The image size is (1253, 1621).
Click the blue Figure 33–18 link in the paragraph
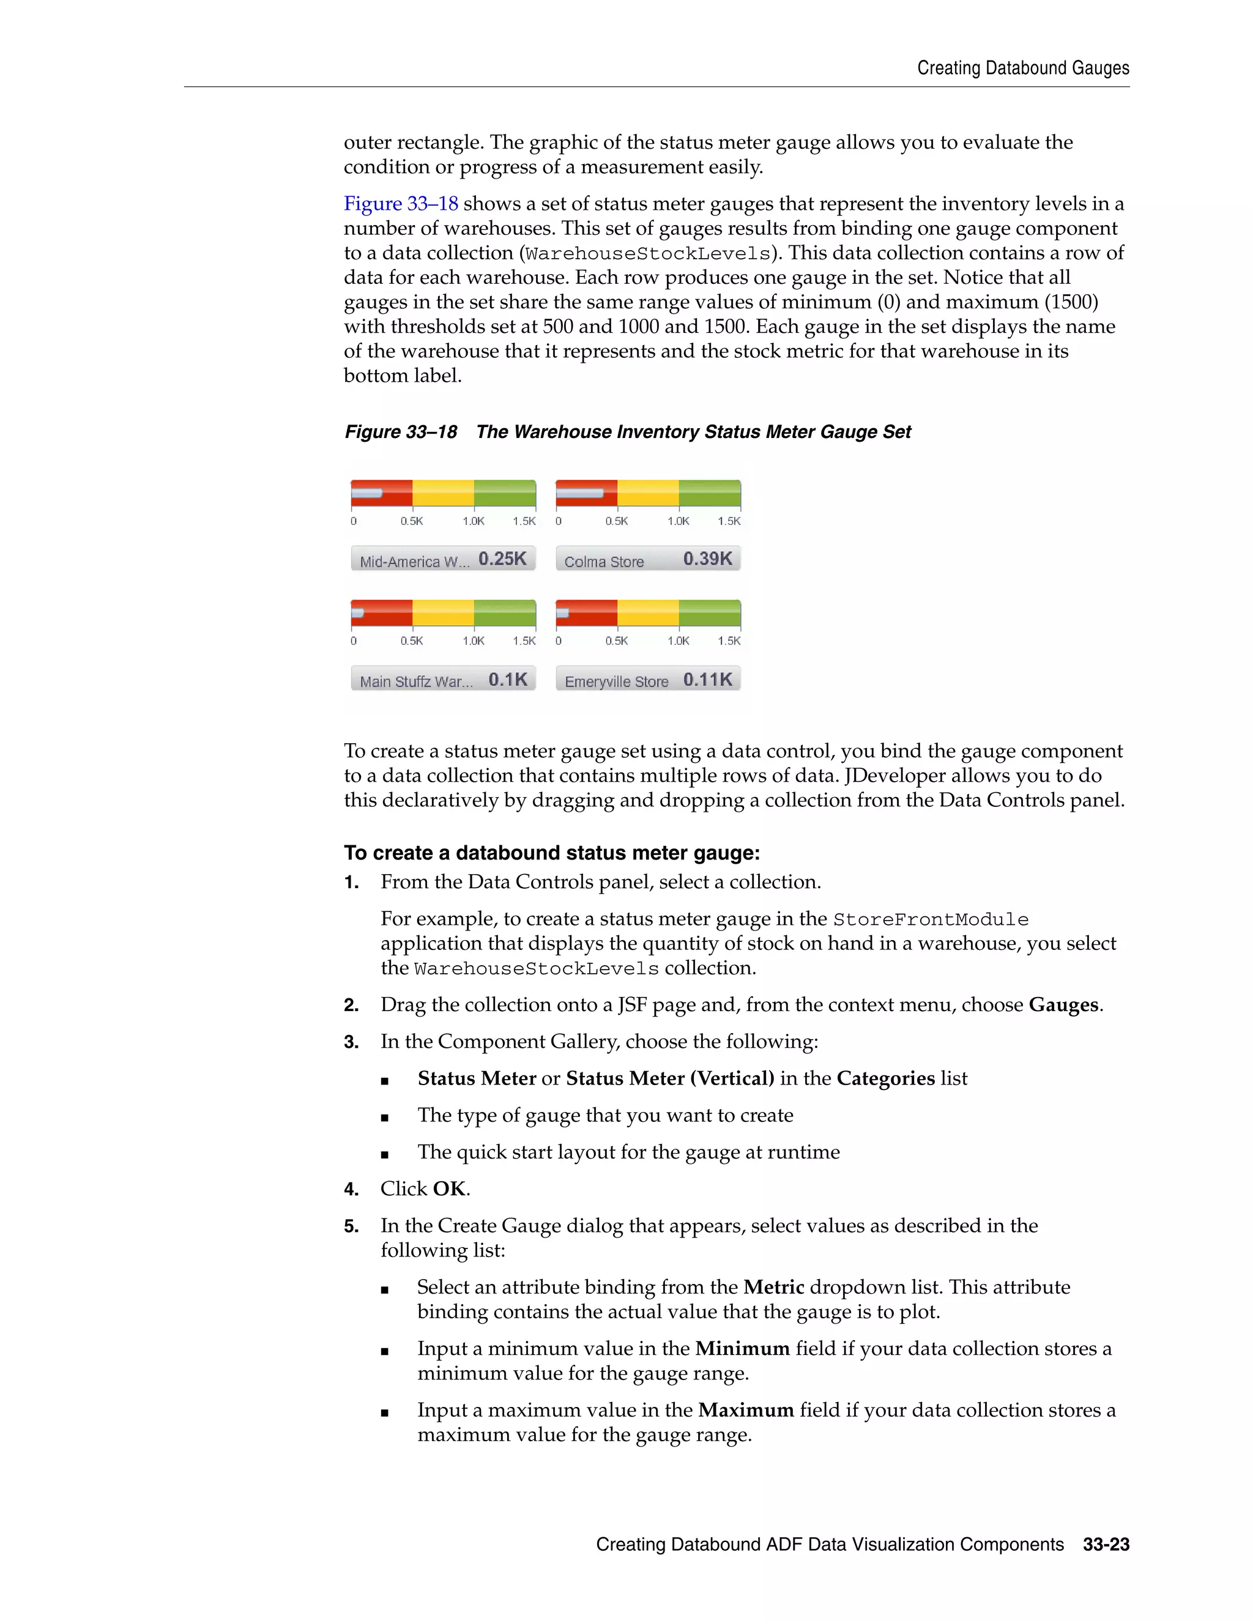401,203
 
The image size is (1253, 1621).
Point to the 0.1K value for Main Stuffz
508,679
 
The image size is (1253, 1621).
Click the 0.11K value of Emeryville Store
707,679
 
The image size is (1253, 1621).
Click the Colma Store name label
603,562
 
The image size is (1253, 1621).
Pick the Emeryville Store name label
616,681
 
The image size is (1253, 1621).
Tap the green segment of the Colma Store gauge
710,494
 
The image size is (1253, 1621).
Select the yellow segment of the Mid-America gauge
443,494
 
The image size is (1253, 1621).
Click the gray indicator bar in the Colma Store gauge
580,494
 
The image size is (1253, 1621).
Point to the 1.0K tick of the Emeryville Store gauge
678,640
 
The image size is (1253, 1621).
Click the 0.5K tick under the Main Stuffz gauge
411,640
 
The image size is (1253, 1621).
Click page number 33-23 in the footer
1106,1545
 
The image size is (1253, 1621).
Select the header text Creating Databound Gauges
1023,69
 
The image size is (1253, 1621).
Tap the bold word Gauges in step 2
1063,1005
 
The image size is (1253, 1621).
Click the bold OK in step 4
449,1189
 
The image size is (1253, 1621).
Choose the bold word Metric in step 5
773,1287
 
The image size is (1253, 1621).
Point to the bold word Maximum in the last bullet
746,1409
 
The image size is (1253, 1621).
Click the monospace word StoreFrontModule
930,919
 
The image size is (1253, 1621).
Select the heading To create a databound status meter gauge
551,853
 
